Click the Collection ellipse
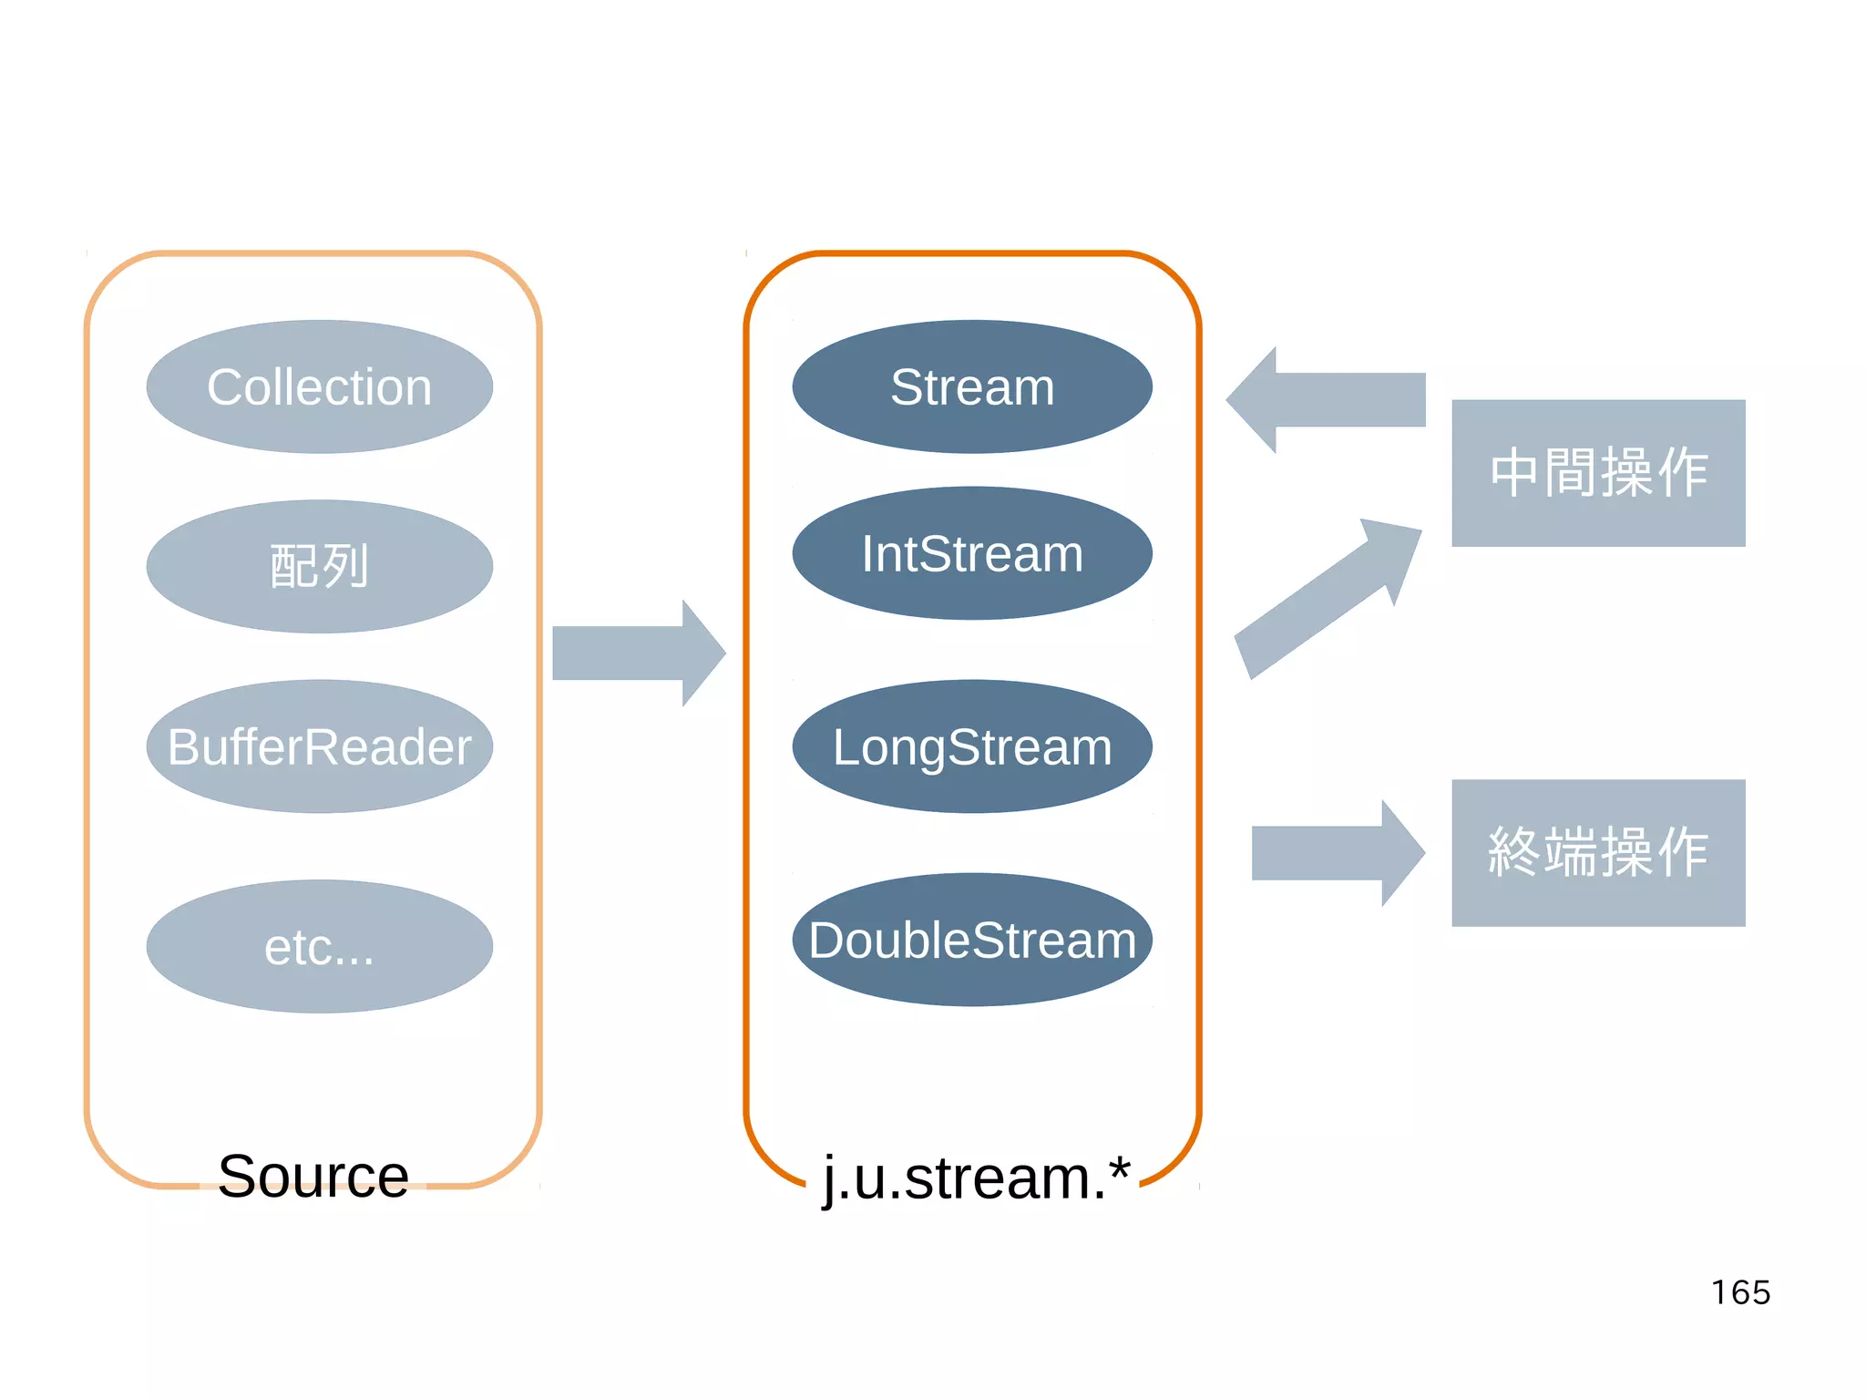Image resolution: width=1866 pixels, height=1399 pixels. click(x=319, y=386)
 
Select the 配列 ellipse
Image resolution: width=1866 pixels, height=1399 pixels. click(x=319, y=566)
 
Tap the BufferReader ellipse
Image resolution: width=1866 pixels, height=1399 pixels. click(x=319, y=746)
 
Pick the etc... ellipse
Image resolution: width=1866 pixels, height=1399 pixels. click(x=319, y=946)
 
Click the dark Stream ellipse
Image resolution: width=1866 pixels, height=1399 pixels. click(x=972, y=386)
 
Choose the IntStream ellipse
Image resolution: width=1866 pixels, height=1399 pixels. click(x=972, y=553)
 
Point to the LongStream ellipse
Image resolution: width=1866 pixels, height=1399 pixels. click(x=972, y=746)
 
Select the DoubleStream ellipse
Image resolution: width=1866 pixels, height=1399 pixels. click(x=972, y=940)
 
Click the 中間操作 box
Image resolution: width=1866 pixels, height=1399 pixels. click(x=1598, y=473)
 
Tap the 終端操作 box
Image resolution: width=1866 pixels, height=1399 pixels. click(x=1598, y=853)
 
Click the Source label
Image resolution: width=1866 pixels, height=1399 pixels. click(x=313, y=1176)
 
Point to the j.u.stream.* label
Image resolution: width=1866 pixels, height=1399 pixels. click(x=975, y=1178)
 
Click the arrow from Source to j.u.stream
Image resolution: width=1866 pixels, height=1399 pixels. click(x=638, y=653)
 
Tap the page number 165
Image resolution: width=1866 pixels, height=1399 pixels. click(x=1740, y=1292)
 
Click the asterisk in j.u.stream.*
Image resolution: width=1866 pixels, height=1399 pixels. click(x=1120, y=1168)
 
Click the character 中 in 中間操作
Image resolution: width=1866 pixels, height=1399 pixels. click(x=1515, y=473)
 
